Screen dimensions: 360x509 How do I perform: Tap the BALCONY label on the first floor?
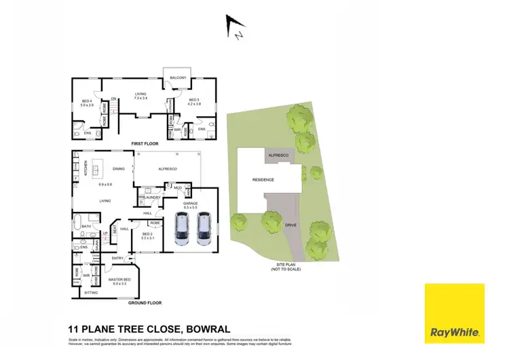pyautogui.click(x=178, y=77)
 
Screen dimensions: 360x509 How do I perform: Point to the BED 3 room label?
pyautogui.click(x=195, y=102)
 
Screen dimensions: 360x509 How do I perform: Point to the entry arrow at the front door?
pyautogui.click(x=134, y=258)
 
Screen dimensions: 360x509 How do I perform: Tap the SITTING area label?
pyautogui.click(x=90, y=292)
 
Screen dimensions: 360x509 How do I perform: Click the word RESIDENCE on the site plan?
pyautogui.click(x=263, y=179)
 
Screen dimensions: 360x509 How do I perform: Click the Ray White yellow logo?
pyautogui.click(x=454, y=313)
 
